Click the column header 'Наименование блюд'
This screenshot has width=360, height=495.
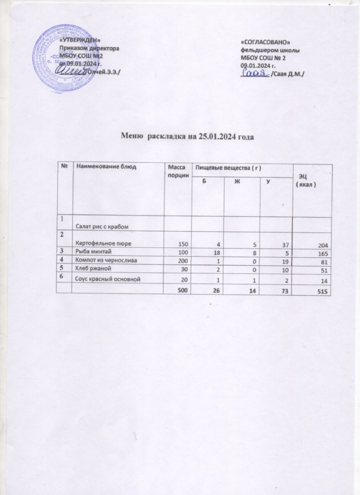click(107, 167)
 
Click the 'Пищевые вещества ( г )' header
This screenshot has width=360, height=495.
click(227, 167)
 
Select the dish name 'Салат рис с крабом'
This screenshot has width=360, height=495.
click(104, 227)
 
